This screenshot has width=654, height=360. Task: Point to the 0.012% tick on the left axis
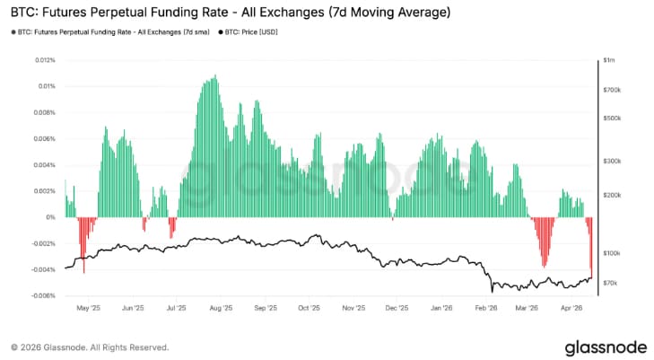[43, 60]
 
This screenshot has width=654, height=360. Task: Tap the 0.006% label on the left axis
[43, 139]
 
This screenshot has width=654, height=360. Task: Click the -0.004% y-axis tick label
[41, 269]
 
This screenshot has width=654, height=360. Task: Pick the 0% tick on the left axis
[50, 217]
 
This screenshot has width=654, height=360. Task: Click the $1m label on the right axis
[609, 60]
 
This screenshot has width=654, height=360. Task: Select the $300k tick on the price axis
[613, 162]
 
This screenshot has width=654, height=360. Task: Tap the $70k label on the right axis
[611, 283]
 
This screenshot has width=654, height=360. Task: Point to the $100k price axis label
[613, 253]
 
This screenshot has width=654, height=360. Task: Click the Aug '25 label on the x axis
[220, 307]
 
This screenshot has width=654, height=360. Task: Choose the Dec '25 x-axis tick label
[396, 307]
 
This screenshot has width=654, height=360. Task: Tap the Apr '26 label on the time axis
[571, 307]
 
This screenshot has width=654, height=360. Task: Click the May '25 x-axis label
[89, 307]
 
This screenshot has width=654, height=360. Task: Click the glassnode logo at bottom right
[601, 346]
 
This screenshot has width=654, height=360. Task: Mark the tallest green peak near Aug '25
[212, 79]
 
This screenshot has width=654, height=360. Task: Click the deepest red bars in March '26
[544, 260]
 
